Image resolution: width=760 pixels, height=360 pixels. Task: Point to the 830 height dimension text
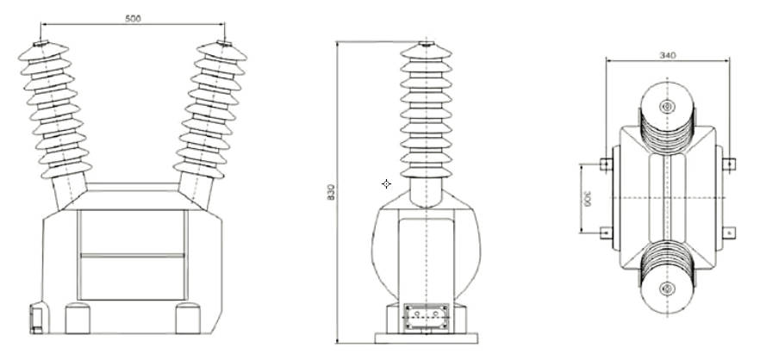332,193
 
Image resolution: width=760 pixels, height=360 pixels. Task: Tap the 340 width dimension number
666,55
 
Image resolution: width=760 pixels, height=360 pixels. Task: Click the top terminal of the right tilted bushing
224,44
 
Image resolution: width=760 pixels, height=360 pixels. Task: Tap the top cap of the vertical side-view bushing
427,43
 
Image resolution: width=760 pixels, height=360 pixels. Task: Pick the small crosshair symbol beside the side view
386,183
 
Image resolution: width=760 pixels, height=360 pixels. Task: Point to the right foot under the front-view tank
187,318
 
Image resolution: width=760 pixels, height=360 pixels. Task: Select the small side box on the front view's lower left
36,317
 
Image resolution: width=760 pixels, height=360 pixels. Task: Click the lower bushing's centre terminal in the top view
666,288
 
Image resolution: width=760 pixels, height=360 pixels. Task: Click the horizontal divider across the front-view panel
132,255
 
